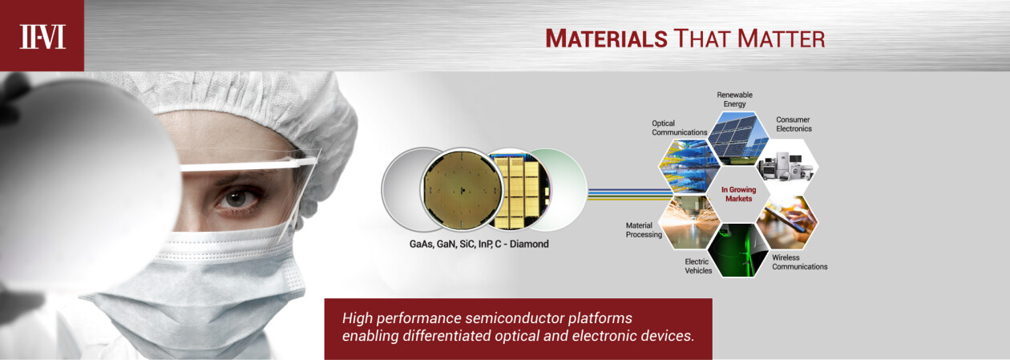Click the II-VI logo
[x=42, y=37]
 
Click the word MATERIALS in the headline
[x=606, y=38]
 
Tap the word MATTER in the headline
[x=781, y=38]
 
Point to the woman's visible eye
[x=236, y=199]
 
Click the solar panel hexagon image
[x=737, y=138]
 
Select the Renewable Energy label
[x=734, y=99]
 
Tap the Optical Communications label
[x=680, y=127]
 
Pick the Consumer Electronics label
[x=794, y=124]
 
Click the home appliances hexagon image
[x=787, y=166]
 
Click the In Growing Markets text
[x=738, y=194]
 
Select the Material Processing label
[x=644, y=230]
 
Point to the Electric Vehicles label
[x=698, y=266]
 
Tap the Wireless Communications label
[x=799, y=262]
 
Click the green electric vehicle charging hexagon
[x=737, y=250]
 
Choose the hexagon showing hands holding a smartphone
[x=787, y=222]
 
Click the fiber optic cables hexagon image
[x=689, y=166]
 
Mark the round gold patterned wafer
[x=463, y=189]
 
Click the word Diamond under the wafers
[x=529, y=244]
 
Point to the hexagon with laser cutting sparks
[x=689, y=222]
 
